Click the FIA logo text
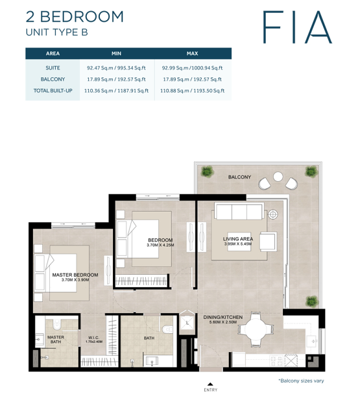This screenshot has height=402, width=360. coord(297,27)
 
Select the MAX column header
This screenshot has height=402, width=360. coord(192,54)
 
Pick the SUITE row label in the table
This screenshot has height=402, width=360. coord(53,68)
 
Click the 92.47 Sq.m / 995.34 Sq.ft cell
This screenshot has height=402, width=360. coord(116,68)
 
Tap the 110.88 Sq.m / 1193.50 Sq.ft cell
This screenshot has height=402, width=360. coord(192,91)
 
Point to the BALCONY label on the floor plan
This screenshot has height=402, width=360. coord(239,177)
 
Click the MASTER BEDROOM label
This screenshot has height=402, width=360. coord(75,275)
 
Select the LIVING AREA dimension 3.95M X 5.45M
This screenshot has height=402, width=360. coord(238,244)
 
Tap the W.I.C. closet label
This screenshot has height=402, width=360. coord(93,338)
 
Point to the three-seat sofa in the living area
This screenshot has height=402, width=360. coord(239,211)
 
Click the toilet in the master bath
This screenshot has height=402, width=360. coord(56,325)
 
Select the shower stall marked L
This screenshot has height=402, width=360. coord(187,322)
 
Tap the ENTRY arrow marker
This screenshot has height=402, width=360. coord(210,384)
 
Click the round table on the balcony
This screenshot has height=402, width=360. coord(278,177)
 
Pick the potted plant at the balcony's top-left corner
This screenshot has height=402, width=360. coord(207,171)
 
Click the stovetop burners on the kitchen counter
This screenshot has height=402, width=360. coord(276,360)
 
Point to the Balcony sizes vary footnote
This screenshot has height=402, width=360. coord(301,381)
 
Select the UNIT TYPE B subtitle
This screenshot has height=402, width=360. coord(56,32)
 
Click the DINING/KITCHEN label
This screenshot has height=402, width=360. coord(222,317)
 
